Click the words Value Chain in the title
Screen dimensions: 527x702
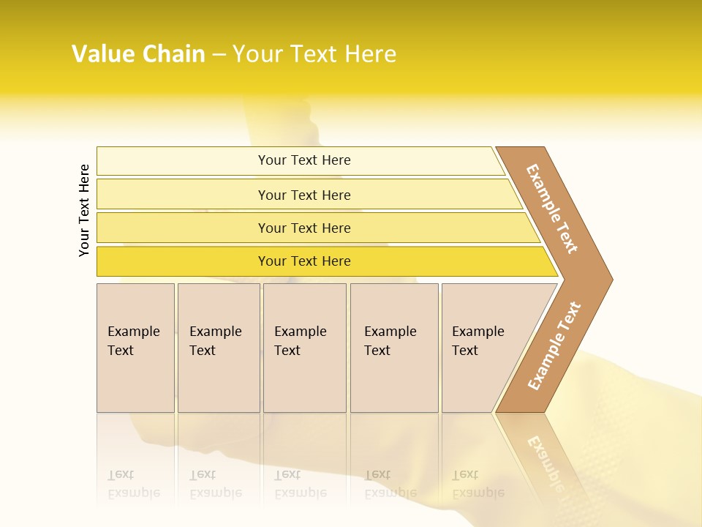coord(138,54)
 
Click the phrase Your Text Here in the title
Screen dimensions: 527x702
coord(314,54)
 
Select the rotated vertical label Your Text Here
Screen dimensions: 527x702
coord(84,210)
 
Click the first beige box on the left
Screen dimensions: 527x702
coord(135,381)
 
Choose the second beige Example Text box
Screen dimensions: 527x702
coord(218,381)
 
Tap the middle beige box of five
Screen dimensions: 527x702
coord(304,381)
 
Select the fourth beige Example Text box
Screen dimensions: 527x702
coord(394,381)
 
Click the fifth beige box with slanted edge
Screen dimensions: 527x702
coord(483,381)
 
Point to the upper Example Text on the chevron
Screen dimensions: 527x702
coord(552,208)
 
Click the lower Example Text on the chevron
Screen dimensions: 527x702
coord(554,345)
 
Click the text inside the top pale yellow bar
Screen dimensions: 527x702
coord(304,160)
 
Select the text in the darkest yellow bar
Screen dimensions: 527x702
coord(304,261)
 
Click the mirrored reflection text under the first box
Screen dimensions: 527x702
coord(133,484)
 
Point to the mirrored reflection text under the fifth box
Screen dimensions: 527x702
coord(478,484)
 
